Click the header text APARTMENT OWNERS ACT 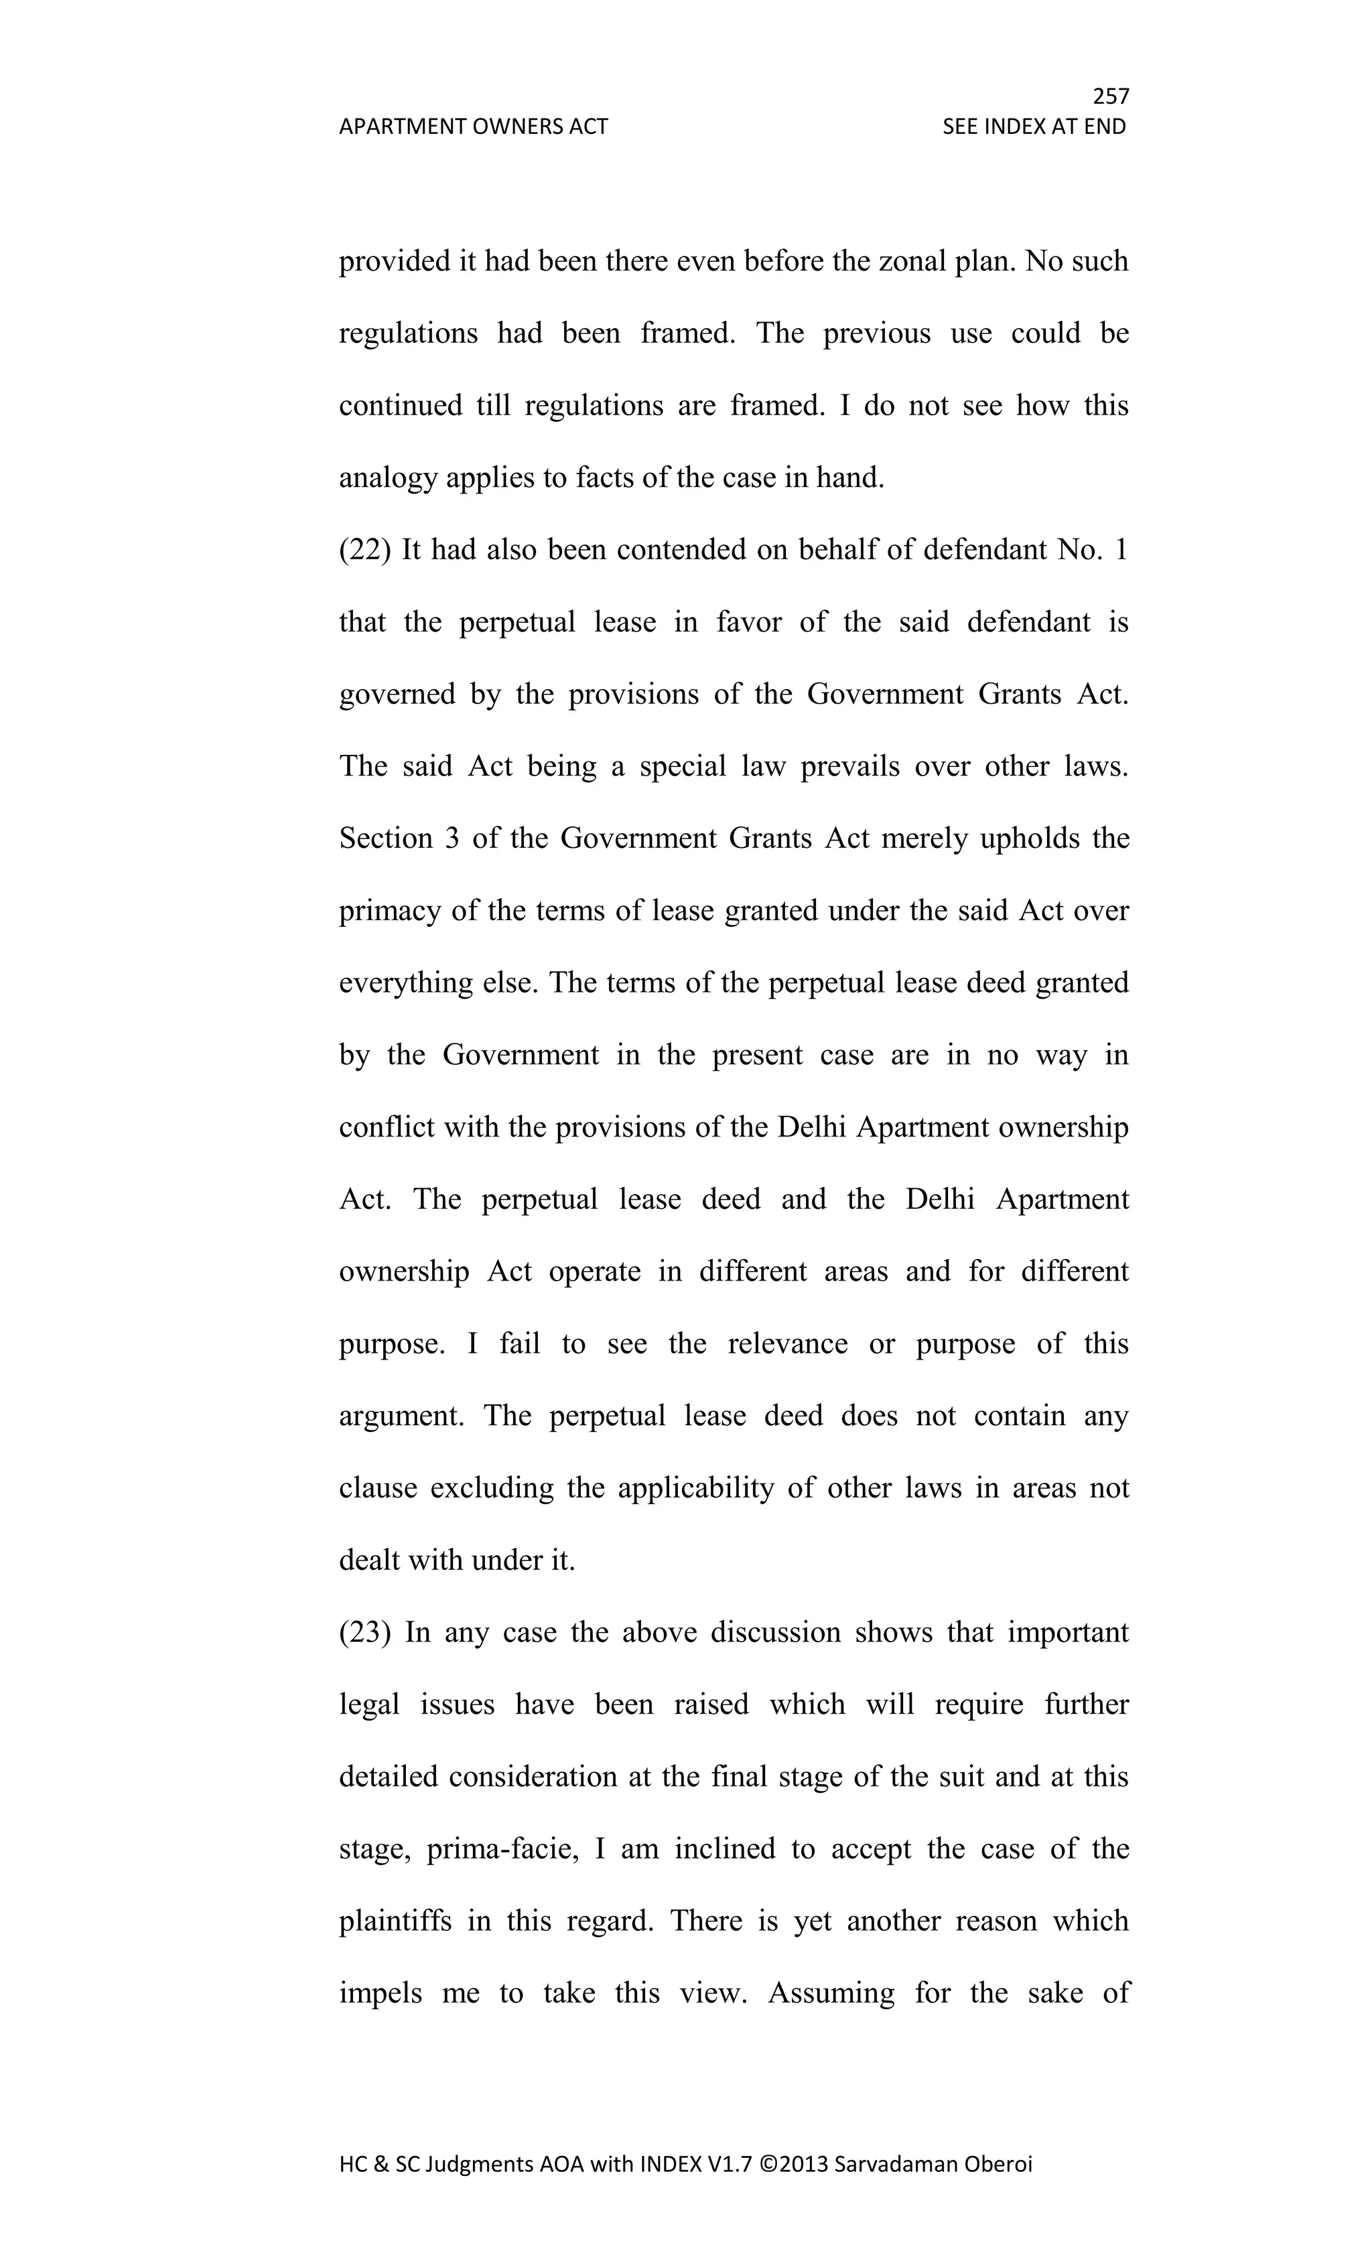[473, 127]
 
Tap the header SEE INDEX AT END [1034, 127]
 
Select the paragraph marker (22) [365, 550]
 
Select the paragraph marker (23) [365, 1633]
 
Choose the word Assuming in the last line [831, 1993]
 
